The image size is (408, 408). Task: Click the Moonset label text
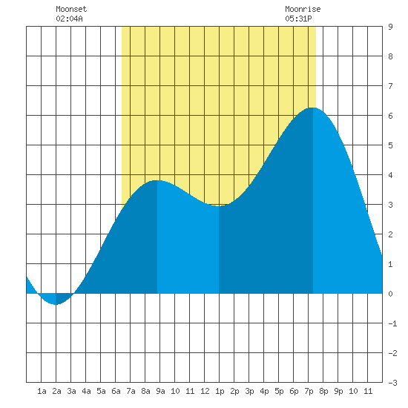tap(71, 9)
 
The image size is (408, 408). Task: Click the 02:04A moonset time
tap(69, 19)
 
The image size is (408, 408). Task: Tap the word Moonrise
tap(303, 9)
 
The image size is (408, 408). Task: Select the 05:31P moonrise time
tap(298, 19)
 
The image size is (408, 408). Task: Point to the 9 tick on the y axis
tap(390, 27)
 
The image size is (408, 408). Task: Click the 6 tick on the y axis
tap(390, 116)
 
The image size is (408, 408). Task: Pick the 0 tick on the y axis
tap(390, 294)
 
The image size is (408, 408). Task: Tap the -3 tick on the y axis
tap(392, 383)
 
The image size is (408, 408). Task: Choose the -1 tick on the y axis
tap(392, 323)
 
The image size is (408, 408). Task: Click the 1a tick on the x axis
tap(42, 391)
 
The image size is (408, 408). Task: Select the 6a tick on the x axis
tap(116, 391)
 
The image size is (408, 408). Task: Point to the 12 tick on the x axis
tap(205, 391)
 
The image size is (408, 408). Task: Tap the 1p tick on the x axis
tap(220, 392)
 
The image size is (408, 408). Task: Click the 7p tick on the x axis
tap(309, 392)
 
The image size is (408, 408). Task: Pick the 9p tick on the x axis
tap(338, 392)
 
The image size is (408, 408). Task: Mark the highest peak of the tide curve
tap(313, 108)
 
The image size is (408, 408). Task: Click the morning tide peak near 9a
tap(157, 180)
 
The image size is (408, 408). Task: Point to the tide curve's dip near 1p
tap(219, 205)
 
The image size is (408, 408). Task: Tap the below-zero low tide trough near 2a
tap(56, 304)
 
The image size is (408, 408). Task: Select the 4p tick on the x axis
tap(264, 392)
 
